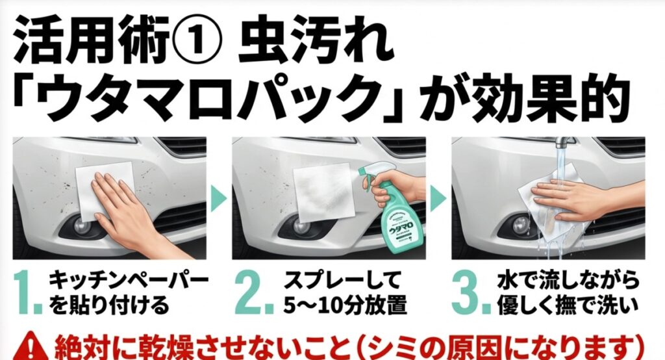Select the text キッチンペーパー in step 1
[129, 281]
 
